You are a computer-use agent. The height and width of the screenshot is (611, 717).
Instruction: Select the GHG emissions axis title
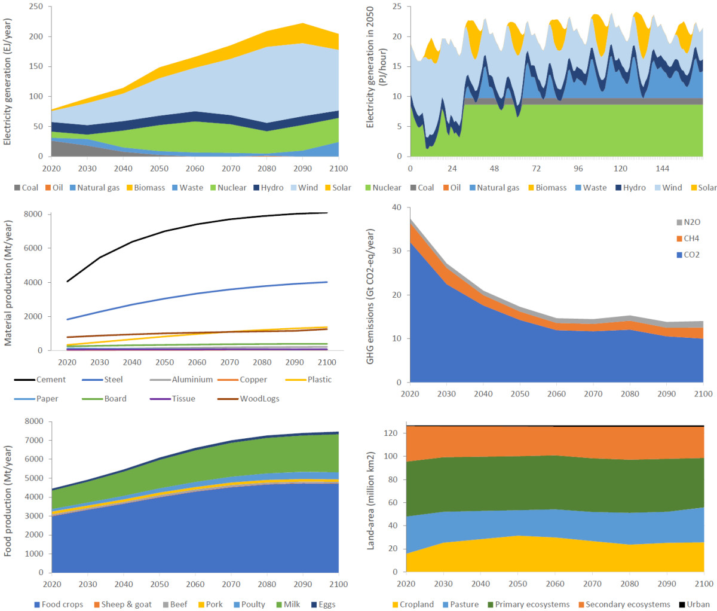370,297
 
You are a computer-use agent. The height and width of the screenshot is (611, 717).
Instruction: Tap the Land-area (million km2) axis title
370,501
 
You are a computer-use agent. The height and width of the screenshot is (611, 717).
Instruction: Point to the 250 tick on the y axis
36,7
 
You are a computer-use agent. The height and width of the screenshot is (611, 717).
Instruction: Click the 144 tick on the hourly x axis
662,169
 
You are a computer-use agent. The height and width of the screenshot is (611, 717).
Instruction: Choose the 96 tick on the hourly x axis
578,169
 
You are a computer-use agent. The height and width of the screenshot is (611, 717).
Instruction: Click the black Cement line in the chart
164,231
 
